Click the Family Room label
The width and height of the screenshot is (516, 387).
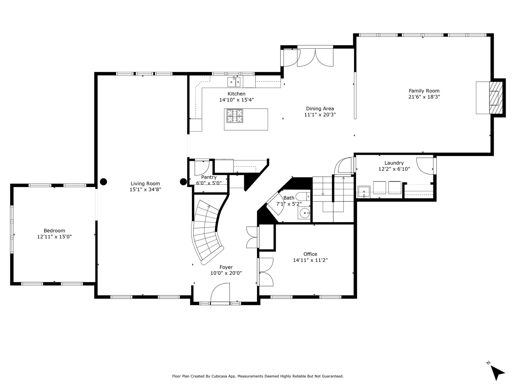424,91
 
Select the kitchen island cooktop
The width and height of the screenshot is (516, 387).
234,116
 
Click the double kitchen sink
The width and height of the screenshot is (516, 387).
234,82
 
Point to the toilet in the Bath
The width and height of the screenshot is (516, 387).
303,196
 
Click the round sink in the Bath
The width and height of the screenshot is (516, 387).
304,213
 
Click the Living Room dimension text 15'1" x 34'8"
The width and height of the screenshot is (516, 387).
145,189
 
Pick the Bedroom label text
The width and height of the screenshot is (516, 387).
54,231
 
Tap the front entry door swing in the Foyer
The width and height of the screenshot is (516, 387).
220,293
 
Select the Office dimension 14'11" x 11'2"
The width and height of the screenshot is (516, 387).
310,260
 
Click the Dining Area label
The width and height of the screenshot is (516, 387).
320,109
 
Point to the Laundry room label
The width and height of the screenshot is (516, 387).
394,163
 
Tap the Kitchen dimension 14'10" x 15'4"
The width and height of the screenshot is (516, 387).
236,100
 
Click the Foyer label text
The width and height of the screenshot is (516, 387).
226,267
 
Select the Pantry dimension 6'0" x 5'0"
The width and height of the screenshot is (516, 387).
209,183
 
